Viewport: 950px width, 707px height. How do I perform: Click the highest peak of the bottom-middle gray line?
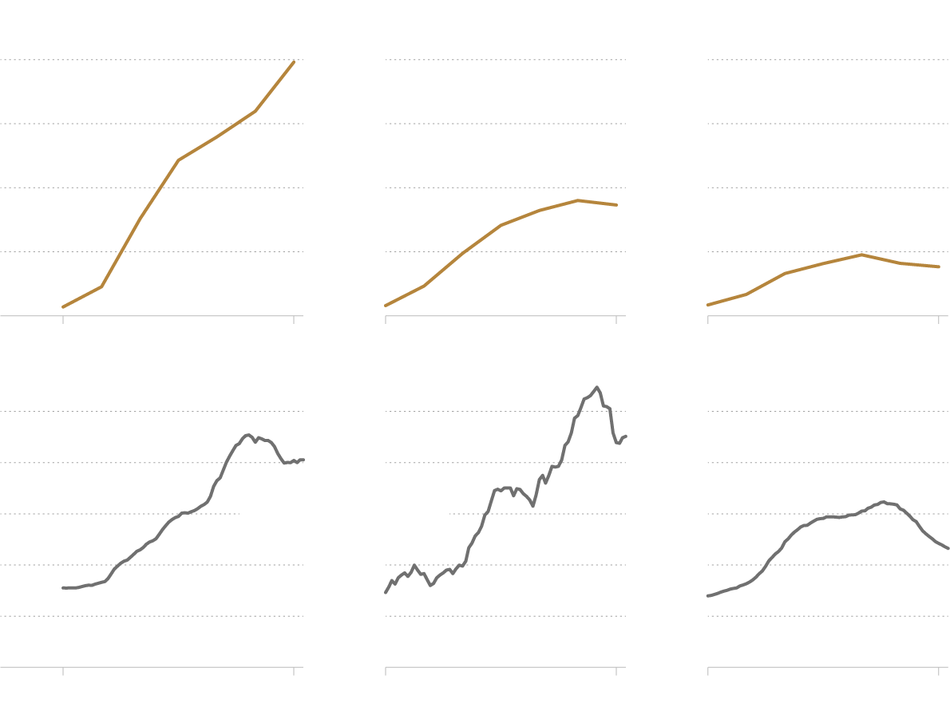[596, 387]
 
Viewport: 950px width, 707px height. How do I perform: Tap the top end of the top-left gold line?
[294, 61]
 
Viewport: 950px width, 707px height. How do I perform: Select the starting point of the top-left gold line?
[63, 307]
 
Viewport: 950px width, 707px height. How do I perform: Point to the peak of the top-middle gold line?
[577, 200]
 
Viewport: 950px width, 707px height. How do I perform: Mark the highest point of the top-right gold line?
[861, 255]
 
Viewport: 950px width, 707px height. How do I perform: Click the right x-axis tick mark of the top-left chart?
[294, 319]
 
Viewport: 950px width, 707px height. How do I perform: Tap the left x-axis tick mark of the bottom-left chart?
[63, 671]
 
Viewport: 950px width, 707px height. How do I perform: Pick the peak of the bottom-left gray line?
[248, 434]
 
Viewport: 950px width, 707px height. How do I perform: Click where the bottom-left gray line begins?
[63, 588]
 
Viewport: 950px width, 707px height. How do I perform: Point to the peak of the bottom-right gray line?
[883, 502]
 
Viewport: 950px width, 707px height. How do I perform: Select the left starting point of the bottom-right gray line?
[708, 596]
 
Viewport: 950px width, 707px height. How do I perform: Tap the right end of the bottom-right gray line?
[948, 548]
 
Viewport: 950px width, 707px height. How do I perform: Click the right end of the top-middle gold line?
[616, 205]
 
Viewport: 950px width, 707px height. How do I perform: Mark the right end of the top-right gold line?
[939, 267]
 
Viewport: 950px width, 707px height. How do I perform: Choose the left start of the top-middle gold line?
[386, 306]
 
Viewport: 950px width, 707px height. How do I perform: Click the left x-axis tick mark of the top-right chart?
[708, 319]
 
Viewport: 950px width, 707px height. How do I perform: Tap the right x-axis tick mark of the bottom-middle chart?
[616, 671]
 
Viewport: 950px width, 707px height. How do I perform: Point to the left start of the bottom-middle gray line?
[386, 592]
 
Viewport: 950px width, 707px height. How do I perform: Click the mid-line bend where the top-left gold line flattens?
[179, 160]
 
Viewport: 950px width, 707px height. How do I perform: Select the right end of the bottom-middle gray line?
[626, 436]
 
